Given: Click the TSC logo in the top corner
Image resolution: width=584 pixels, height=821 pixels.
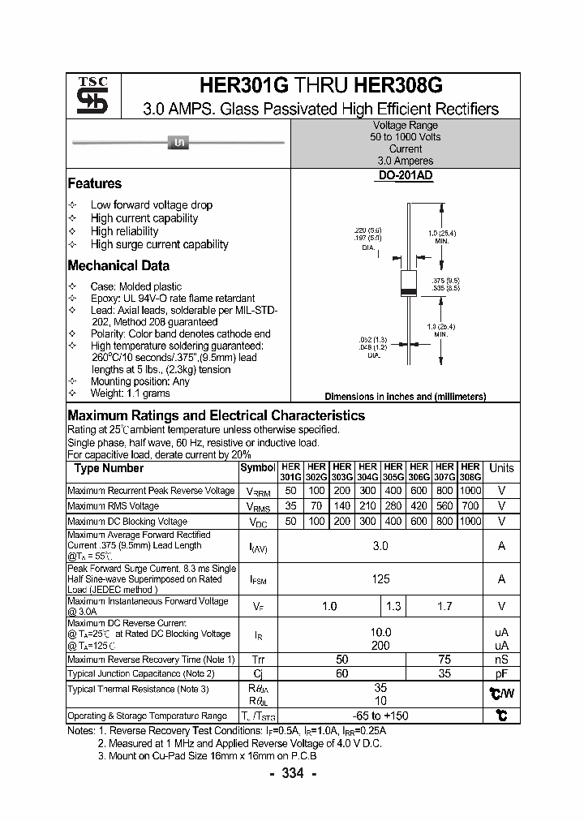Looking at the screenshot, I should [87, 95].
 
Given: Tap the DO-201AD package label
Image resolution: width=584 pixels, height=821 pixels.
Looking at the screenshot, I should [405, 175].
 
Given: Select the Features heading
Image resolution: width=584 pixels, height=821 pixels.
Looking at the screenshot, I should [94, 183].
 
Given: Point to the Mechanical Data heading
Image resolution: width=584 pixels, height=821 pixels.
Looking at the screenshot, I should [118, 265].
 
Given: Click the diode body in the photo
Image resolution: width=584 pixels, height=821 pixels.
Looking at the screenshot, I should [177, 144].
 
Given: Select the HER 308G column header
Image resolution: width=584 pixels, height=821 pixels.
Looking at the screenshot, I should [470, 472].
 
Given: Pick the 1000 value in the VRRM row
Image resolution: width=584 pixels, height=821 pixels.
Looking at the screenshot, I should [470, 491].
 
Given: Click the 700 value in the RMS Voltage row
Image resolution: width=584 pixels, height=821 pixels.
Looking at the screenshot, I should [470, 505].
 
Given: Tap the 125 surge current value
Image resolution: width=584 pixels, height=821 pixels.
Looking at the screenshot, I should [380, 578].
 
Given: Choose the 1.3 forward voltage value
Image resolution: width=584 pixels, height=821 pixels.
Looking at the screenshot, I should [393, 606].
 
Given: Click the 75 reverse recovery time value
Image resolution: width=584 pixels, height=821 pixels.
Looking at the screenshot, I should [444, 660].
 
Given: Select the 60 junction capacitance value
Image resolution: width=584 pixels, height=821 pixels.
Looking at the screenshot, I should [341, 673].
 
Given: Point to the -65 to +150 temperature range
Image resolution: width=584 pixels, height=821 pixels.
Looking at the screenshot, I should [380, 716].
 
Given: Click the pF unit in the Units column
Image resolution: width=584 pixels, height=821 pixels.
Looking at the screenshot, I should [501, 673].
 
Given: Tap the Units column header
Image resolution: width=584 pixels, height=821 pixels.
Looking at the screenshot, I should [501, 468].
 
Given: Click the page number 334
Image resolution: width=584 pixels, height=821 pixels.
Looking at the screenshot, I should [292, 773].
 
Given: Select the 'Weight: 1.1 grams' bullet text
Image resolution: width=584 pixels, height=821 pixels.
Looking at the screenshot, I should [130, 393].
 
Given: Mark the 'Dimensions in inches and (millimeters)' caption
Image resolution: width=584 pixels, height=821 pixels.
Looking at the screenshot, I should [405, 397].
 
